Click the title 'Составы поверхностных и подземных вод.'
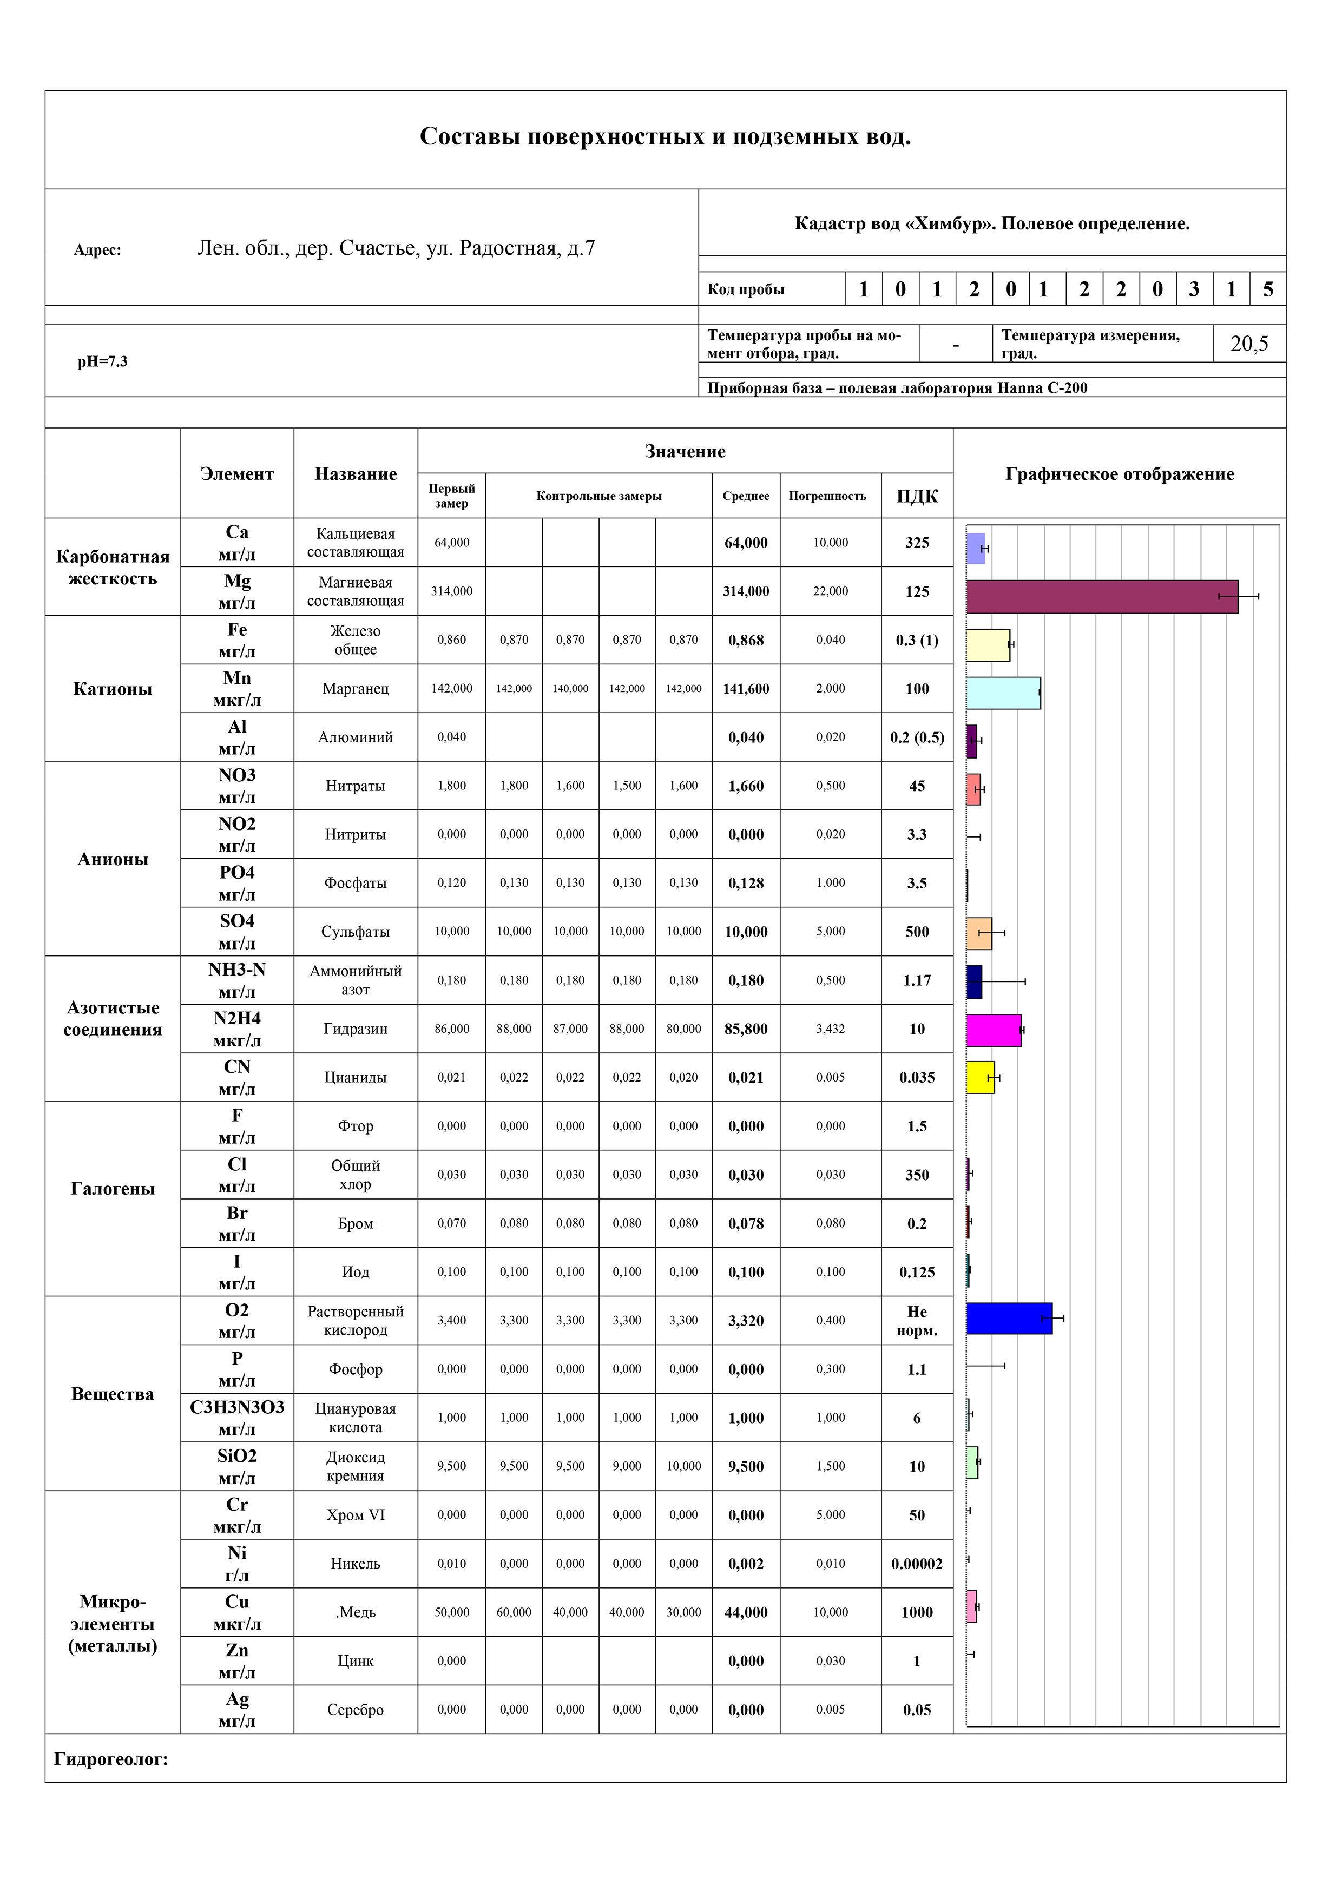[665, 136]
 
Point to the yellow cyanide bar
[980, 1078]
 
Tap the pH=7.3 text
[102, 361]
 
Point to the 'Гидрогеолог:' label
[111, 1759]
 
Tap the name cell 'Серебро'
[356, 1710]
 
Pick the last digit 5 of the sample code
[1267, 289]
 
